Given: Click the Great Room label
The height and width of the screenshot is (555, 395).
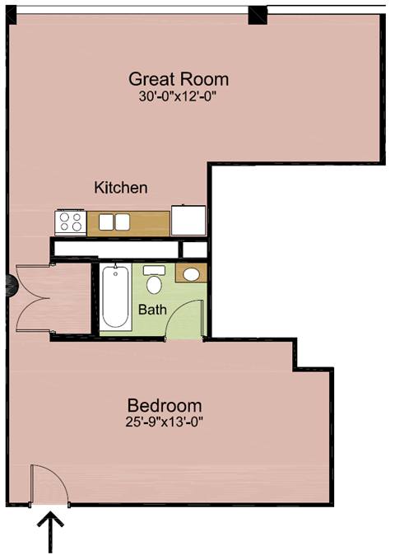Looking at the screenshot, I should click(179, 80).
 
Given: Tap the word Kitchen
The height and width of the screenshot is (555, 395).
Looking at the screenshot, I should click(121, 188).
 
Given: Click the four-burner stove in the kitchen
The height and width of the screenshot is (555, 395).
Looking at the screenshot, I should click(71, 222).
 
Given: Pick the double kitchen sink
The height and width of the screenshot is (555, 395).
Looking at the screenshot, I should click(115, 222).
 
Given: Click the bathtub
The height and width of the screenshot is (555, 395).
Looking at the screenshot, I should click(115, 296).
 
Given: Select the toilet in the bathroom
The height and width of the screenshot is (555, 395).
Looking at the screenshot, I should click(153, 281).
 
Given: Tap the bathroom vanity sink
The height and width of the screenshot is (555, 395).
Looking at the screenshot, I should click(193, 274).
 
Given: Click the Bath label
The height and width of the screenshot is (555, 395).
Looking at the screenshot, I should click(152, 310).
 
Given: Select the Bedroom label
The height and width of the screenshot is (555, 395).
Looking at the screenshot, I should click(165, 406).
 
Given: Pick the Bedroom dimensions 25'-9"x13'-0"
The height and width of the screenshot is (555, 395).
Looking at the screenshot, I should click(165, 422).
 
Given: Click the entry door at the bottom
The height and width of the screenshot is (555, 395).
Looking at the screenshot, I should click(48, 486).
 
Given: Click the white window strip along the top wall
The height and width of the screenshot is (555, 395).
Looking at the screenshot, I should click(132, 9).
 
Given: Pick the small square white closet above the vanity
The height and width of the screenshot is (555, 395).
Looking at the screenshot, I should click(194, 249).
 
